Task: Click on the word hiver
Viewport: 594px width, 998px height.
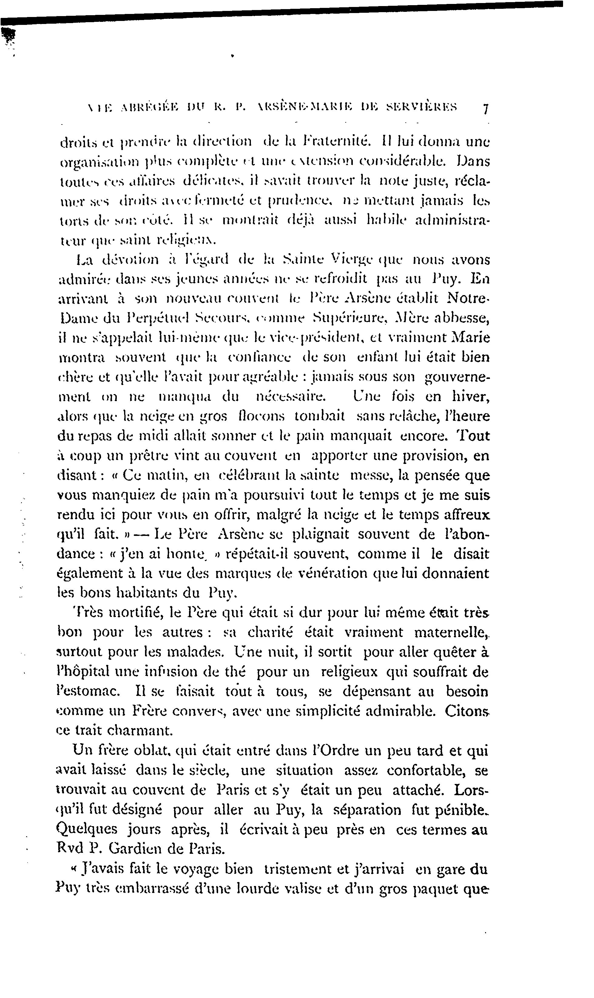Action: click(471, 397)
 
